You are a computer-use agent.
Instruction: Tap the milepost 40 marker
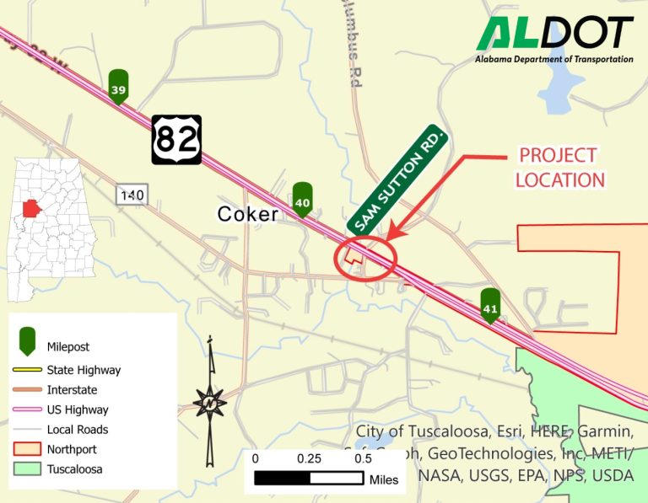[x=303, y=200]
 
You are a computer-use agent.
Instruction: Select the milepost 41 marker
[x=490, y=306]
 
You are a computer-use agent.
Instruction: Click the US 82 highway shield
[x=176, y=139]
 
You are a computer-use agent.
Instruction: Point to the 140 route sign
[x=132, y=195]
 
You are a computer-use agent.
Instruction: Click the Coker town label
[x=247, y=214]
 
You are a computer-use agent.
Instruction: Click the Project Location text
[x=560, y=167]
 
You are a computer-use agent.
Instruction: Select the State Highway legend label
[x=84, y=370]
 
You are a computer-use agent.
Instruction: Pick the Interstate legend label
[x=72, y=390]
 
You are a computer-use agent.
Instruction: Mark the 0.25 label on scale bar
[x=309, y=459]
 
